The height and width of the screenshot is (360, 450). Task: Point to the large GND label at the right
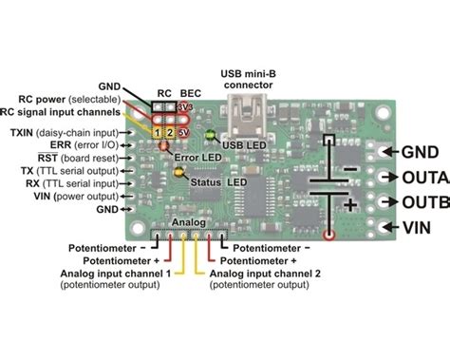coord(418,150)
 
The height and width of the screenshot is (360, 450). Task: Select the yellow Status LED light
coord(178,173)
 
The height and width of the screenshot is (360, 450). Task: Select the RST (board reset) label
coord(76,159)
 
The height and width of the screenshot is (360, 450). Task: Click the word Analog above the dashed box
coord(186,224)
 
